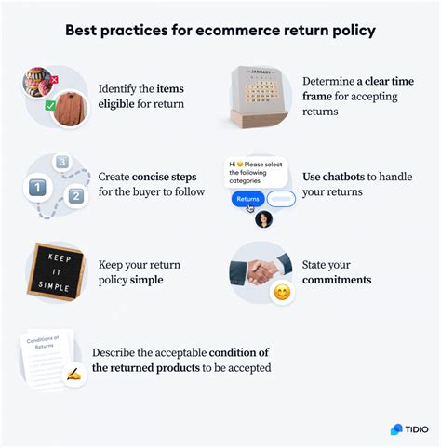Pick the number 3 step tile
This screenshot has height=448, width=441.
[x=61, y=163]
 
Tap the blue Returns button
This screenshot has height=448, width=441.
[x=247, y=199]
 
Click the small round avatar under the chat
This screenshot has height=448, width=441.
[x=263, y=219]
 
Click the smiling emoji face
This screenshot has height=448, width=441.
[x=282, y=293]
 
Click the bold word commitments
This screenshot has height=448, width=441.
[x=337, y=280]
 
